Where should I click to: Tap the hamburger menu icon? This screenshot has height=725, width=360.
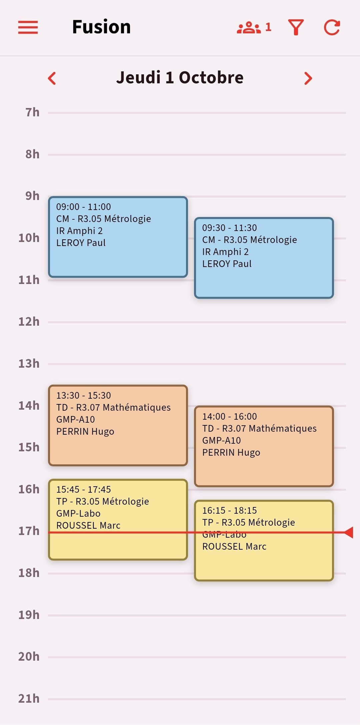pyautogui.click(x=28, y=27)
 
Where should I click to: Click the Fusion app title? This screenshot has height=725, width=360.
pyautogui.click(x=101, y=27)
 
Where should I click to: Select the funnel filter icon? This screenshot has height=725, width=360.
pyautogui.click(x=296, y=27)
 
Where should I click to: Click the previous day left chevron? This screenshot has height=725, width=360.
pyautogui.click(x=52, y=78)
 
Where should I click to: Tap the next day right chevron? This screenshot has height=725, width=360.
pyautogui.click(x=308, y=78)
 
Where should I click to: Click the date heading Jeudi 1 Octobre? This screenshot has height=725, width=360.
pyautogui.click(x=180, y=78)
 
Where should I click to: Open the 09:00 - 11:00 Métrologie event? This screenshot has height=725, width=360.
pyautogui.click(x=118, y=237)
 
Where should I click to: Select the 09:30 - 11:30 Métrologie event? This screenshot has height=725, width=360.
pyautogui.click(x=264, y=258)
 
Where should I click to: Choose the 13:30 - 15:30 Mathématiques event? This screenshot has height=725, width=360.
pyautogui.click(x=118, y=425)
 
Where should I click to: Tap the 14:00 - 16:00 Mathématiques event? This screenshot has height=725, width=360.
pyautogui.click(x=264, y=446)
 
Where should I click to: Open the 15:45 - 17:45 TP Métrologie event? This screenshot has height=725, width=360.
pyautogui.click(x=118, y=520)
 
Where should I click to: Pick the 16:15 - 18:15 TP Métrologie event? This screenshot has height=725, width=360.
pyautogui.click(x=264, y=541)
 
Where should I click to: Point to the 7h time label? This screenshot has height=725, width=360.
pyautogui.click(x=32, y=113)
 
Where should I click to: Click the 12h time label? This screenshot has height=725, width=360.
pyautogui.click(x=29, y=322)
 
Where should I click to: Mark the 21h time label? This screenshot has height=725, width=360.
pyautogui.click(x=29, y=699)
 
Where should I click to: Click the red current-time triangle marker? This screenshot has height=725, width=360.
pyautogui.click(x=349, y=532)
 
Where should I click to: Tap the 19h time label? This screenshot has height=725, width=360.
pyautogui.click(x=29, y=615)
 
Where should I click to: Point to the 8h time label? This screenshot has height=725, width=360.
pyautogui.click(x=32, y=154)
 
